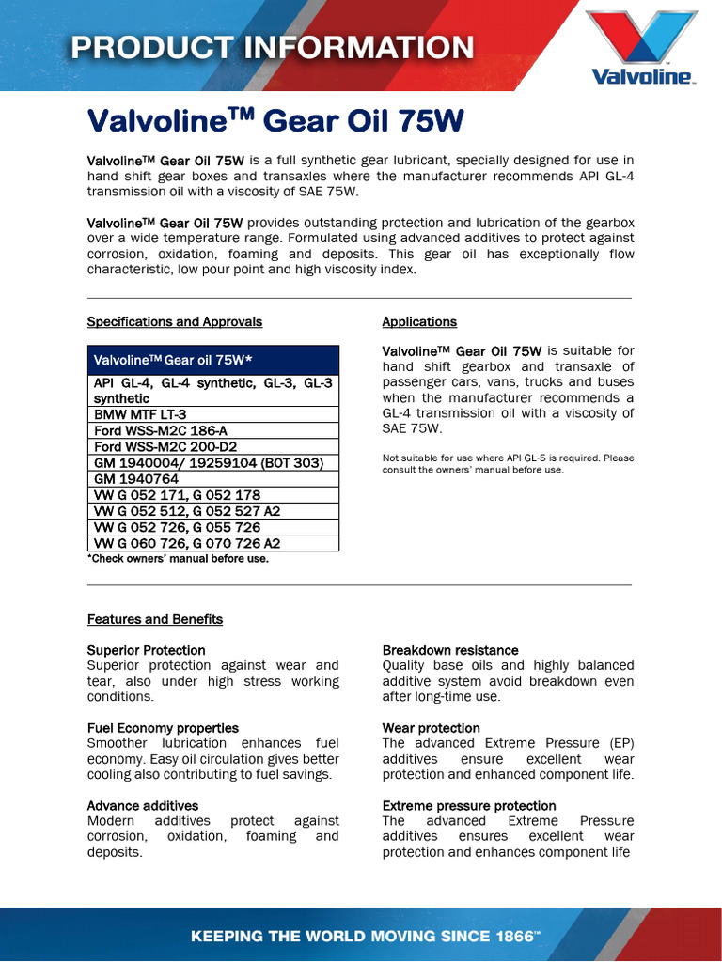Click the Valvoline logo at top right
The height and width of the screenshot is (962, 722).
[x=641, y=47]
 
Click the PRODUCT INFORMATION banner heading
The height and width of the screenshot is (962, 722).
[x=273, y=47]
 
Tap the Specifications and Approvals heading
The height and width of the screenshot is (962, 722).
[x=175, y=321]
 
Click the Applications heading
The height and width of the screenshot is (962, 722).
[x=419, y=321]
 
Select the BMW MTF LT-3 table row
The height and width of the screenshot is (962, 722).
[x=140, y=414]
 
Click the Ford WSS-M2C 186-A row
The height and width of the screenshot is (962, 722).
[x=161, y=430]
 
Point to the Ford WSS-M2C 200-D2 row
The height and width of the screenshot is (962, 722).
[x=165, y=446]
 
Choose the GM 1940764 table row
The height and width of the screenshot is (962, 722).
[x=136, y=479]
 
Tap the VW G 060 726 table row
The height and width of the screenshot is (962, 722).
[x=187, y=543]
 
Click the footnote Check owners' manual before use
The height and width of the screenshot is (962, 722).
[x=178, y=559]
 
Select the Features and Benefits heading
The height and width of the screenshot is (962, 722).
[x=155, y=619]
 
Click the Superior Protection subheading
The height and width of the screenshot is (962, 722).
[x=146, y=650]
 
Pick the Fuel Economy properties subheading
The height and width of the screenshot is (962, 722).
[x=163, y=728]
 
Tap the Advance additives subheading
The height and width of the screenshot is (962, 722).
[x=143, y=806]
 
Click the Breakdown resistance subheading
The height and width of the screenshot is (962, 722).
[x=450, y=650]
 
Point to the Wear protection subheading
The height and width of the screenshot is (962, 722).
[x=432, y=728]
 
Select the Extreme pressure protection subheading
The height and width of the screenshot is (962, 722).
[x=469, y=806]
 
